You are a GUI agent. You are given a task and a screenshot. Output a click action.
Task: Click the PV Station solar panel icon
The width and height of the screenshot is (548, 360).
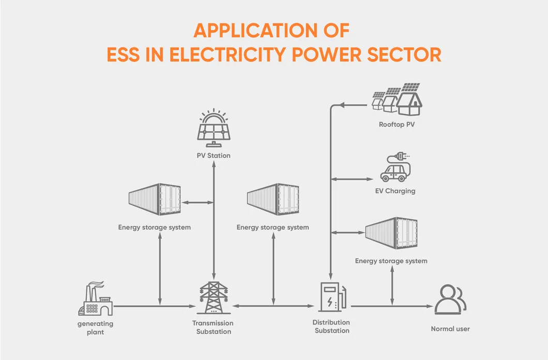tap(214, 127)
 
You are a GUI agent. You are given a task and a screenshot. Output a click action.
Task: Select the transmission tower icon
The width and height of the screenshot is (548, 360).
tap(214, 297)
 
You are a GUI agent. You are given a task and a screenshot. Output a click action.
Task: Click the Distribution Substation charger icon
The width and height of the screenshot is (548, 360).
tap(332, 297)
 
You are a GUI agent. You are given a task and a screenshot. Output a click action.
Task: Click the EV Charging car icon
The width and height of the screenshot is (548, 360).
tap(394, 171)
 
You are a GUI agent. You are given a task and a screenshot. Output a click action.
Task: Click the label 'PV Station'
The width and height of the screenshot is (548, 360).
tap(214, 155)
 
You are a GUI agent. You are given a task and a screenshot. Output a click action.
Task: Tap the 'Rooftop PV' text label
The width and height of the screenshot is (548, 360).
tap(397, 124)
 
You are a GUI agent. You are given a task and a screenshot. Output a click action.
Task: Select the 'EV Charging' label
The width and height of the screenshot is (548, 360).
tap(395, 191)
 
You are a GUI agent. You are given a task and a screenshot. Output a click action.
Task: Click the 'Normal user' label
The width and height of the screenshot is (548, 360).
tap(450, 329)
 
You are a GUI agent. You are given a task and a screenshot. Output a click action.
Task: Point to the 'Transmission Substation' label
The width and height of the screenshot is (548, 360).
tap(214, 327)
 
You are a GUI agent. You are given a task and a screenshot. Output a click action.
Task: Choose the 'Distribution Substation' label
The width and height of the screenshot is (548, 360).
tap(332, 326)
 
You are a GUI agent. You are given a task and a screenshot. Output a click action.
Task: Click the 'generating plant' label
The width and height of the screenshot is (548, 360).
tap(95, 328)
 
